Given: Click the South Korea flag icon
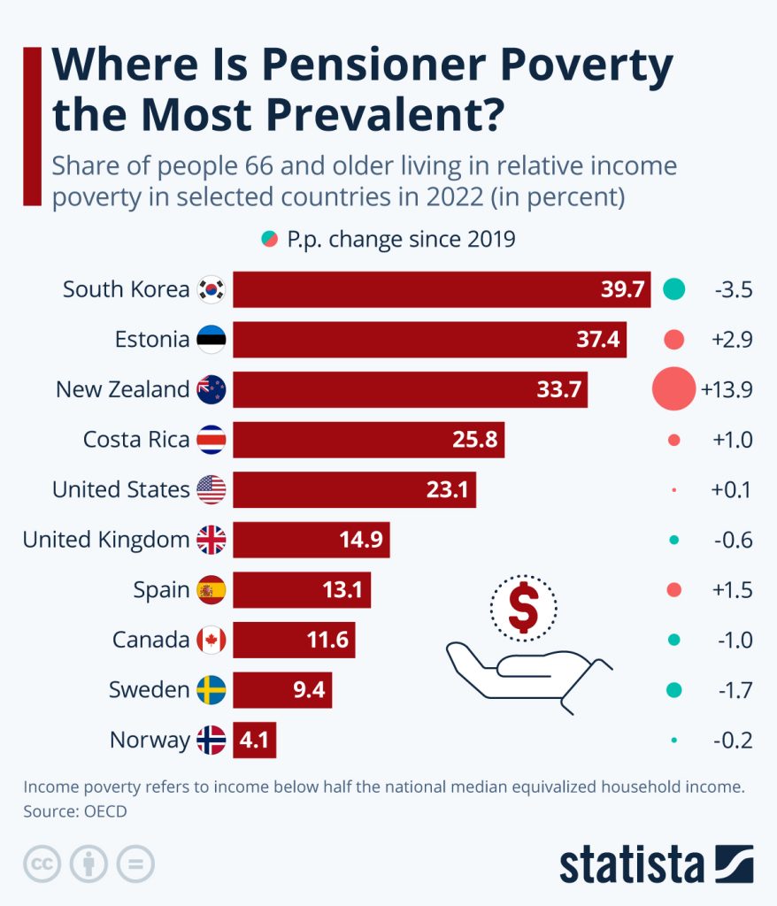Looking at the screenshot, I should tap(212, 289).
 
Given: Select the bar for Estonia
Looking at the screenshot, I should tap(429, 340).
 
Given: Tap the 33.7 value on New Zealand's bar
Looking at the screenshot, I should tap(558, 389).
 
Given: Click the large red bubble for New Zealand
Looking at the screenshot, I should tap(673, 389).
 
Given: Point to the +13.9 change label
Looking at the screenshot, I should tap(727, 389).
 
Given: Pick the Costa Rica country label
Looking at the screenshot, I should tap(136, 440).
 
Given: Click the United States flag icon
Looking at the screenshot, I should tap(212, 489).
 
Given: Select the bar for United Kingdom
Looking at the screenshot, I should tap(311, 540).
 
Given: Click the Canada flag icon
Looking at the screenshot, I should tap(212, 640).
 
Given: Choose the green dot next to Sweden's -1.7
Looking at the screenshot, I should tap(673, 690).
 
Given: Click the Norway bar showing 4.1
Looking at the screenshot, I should tap(255, 740).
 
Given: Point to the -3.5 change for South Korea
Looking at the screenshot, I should tap(732, 289).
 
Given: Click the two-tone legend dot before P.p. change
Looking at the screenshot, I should tap(270, 239).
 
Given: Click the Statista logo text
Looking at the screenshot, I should tap(631, 864).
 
